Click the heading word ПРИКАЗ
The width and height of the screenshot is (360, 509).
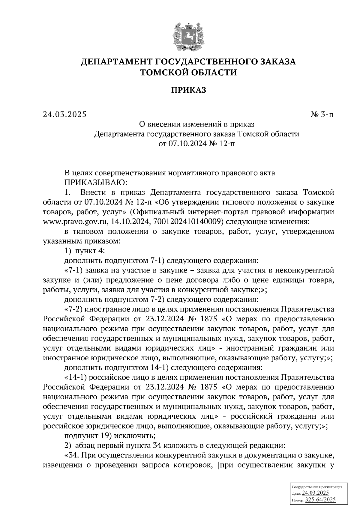pyautogui.click(x=188, y=90)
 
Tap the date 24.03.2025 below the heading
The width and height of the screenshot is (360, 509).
pyautogui.click(x=64, y=114)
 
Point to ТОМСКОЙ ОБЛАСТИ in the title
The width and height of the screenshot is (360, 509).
pyautogui.click(x=188, y=73)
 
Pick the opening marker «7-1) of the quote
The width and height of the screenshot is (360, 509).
pyautogui.click(x=74, y=270)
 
